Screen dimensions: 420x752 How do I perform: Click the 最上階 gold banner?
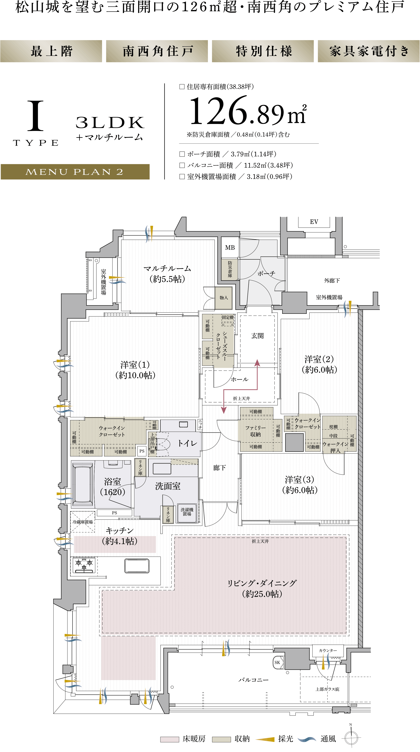click(x=51, y=51)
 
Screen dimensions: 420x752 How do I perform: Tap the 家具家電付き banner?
click(x=369, y=51)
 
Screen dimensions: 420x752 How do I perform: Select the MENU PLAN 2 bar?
click(x=75, y=172)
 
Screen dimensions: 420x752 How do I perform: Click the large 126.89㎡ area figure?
click(x=248, y=111)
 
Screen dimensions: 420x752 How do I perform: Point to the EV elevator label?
click(x=314, y=222)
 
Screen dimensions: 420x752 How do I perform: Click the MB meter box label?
click(x=230, y=248)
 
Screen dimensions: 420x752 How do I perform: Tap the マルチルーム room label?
click(x=167, y=268)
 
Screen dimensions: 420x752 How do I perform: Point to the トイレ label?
click(x=187, y=443)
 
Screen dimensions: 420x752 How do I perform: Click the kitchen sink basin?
click(x=137, y=565)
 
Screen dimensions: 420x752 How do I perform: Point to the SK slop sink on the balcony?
click(x=277, y=662)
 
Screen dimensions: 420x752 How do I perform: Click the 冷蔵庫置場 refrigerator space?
click(x=83, y=522)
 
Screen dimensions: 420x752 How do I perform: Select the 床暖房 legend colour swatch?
click(x=170, y=739)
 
